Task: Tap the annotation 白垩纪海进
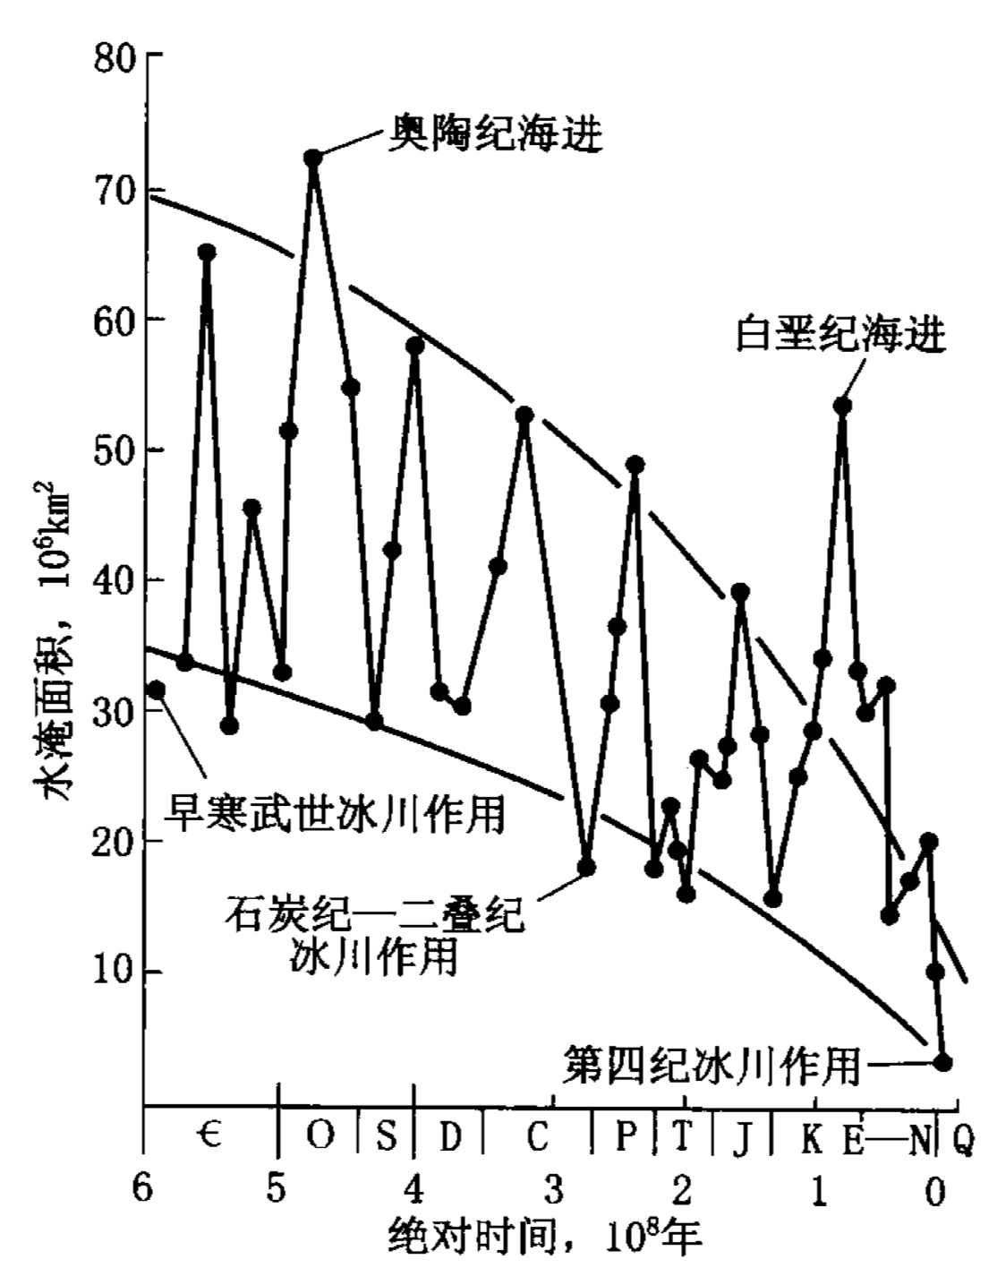pos(840,336)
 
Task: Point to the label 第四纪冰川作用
pos(712,1065)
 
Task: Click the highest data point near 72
pos(312,158)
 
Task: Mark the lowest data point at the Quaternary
pos(942,1062)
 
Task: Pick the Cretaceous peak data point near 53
pos(842,407)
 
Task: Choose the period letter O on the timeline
pos(320,1136)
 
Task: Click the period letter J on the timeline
pos(742,1138)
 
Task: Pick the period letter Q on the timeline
pos(963,1138)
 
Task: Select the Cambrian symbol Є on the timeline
pos(209,1136)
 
